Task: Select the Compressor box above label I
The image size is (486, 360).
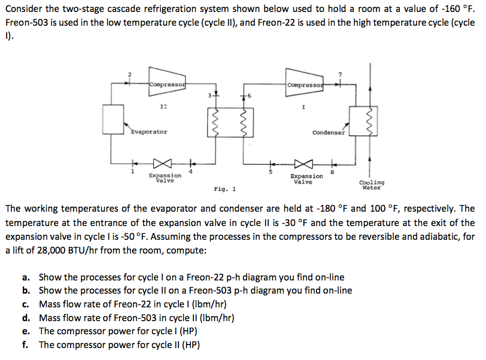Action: [304, 85]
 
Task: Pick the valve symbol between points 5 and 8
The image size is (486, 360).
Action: [303, 163]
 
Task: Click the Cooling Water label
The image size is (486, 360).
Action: [372, 185]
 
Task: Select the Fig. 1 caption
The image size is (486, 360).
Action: [224, 189]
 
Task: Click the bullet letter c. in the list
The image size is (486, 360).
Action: [26, 304]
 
